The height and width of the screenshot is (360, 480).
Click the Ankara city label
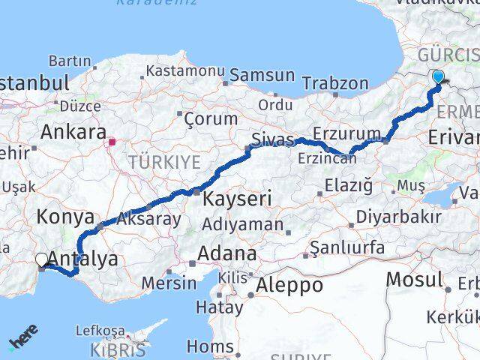(73, 132)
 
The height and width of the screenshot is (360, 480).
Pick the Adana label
(226, 253)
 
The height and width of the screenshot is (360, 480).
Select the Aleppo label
(289, 285)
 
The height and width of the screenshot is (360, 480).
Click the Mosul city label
(414, 280)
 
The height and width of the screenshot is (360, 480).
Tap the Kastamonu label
(185, 70)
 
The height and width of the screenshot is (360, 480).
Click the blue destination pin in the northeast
(438, 76)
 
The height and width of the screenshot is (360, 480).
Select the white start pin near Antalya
(42, 259)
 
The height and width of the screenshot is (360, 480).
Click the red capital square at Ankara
(112, 141)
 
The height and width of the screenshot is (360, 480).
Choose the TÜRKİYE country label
(164, 161)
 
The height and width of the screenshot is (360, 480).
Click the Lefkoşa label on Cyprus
(100, 330)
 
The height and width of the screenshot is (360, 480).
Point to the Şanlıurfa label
(347, 247)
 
